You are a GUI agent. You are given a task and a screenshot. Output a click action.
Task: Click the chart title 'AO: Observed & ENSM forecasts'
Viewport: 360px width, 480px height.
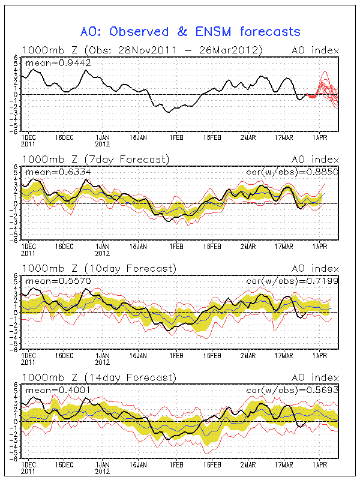click(190, 31)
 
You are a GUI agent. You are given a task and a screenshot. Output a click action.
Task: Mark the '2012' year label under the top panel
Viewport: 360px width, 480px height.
click(103, 144)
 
